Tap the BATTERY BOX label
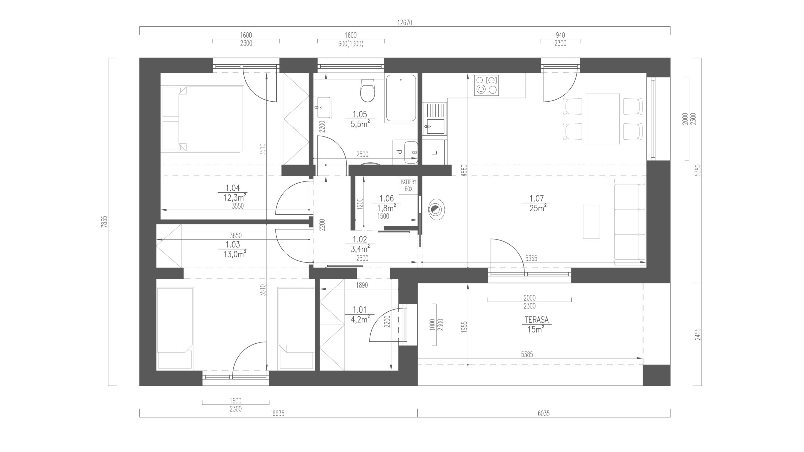(x=408, y=186)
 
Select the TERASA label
(x=536, y=320)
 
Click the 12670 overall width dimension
(x=405, y=23)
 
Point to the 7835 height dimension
(x=105, y=222)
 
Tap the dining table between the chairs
(x=602, y=119)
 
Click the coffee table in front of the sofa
(x=591, y=222)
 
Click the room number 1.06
(x=386, y=198)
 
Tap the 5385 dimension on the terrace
(x=527, y=354)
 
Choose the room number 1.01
(x=360, y=310)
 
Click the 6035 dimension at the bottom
(x=543, y=413)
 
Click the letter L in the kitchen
(x=435, y=153)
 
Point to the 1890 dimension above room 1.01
(x=362, y=286)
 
